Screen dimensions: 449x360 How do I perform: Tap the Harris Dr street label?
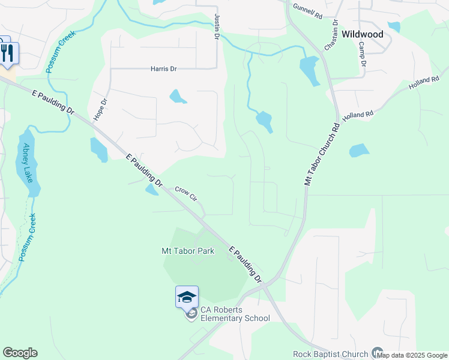pyautogui.click(x=163, y=69)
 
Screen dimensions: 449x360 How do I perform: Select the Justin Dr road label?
pyautogui.click(x=217, y=28)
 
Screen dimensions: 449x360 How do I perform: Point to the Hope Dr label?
pyautogui.click(x=100, y=110)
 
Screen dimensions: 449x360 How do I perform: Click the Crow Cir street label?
pyautogui.click(x=186, y=193)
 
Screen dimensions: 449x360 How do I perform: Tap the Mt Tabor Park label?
pyautogui.click(x=188, y=251)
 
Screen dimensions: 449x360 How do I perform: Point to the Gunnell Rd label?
pyautogui.click(x=307, y=10)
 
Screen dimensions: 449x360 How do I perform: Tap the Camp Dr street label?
pyautogui.click(x=362, y=53)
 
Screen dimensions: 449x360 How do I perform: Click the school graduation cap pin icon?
pyautogui.click(x=187, y=296)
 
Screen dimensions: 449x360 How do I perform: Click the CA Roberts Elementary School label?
pyautogui.click(x=235, y=314)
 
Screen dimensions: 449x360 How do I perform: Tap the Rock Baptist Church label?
pyautogui.click(x=330, y=354)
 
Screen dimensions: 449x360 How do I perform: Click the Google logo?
pyautogui.click(x=20, y=353)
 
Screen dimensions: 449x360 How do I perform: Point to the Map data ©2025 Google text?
pyautogui.click(x=412, y=355)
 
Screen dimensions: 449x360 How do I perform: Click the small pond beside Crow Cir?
pyautogui.click(x=152, y=190)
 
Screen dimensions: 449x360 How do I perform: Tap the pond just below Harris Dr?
pyautogui.click(x=177, y=96)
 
